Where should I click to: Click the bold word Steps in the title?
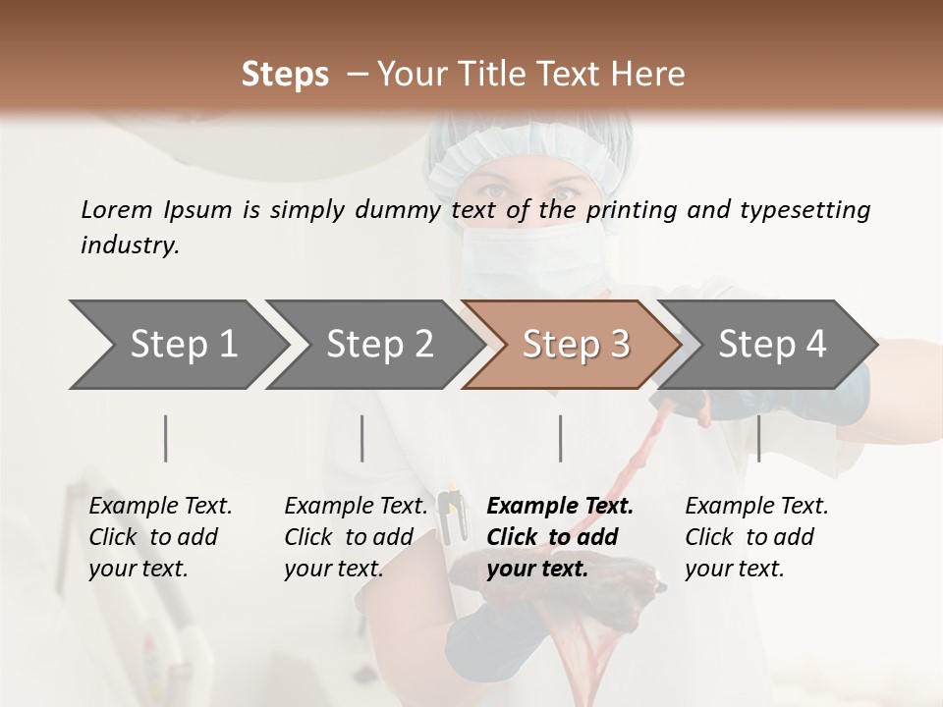285,74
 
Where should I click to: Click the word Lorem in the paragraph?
116,209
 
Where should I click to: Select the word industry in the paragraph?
130,245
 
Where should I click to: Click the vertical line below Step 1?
166,438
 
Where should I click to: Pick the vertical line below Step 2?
362,438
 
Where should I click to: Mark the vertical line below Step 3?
560,438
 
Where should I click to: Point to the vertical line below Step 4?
758,438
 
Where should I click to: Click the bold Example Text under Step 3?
560,506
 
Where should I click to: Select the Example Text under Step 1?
160,506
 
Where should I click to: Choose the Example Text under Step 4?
756,506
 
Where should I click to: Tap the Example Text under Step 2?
356,506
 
